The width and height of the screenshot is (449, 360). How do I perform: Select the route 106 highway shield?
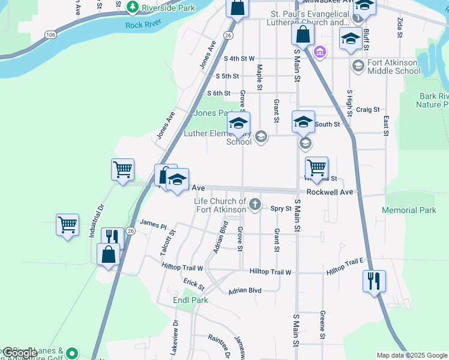[50, 35]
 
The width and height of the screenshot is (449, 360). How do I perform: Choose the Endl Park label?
[190, 300]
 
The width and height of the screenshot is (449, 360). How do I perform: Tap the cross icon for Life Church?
[255, 205]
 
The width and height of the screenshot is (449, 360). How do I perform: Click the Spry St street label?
[280, 209]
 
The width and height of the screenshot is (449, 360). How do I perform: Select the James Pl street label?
[153, 224]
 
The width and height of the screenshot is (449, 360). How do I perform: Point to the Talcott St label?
[173, 241]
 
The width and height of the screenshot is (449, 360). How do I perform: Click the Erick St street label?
[194, 283]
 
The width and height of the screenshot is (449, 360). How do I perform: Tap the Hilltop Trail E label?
[345, 266]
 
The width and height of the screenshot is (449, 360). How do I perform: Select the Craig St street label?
[367, 110]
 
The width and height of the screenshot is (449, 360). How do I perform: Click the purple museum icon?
[320, 53]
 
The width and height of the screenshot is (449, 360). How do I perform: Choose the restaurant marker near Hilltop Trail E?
[375, 281]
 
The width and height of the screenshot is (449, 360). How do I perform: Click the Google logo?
[19, 353]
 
